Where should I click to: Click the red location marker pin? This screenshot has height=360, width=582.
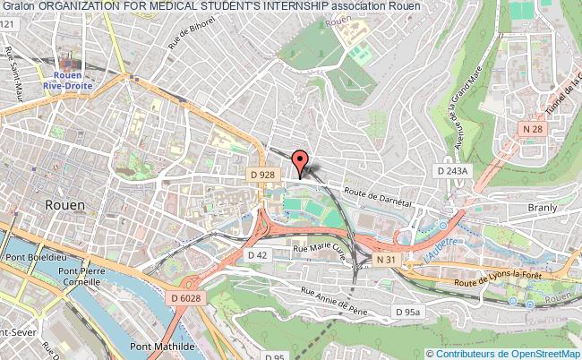[301, 161]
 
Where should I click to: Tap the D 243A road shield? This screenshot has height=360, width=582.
[451, 169]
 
